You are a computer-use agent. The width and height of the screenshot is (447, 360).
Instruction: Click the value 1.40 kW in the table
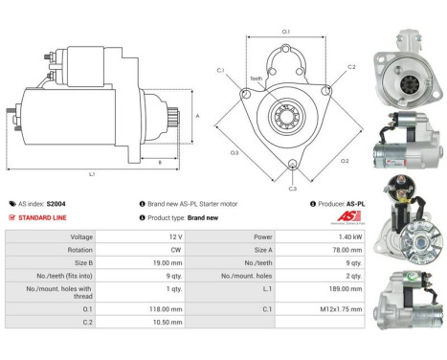pyautogui.click(x=322, y=236)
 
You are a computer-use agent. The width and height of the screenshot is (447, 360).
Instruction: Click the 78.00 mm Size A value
pyautogui.click(x=322, y=248)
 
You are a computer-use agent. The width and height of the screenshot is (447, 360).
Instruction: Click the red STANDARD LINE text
pyautogui.click(x=43, y=217)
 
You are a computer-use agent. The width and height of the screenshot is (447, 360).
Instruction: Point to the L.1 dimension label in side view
pyautogui.click(x=92, y=174)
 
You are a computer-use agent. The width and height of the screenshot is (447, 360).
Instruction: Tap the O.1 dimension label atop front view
pyautogui.click(x=286, y=33)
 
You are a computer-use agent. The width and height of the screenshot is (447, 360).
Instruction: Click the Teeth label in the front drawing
pyautogui.click(x=256, y=79)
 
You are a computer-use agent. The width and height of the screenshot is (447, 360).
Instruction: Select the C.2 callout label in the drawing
pyautogui.click(x=350, y=67)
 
